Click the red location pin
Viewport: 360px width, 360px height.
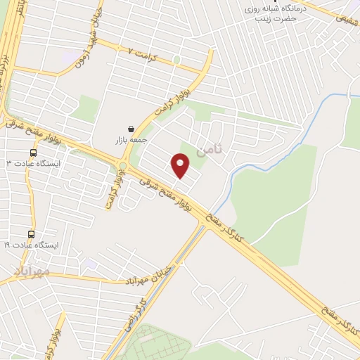tap(181, 165)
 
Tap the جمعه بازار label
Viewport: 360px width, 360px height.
tap(133, 141)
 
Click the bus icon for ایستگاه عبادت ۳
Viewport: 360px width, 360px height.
tap(33, 153)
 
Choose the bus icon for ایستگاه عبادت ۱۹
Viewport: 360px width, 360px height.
tap(31, 234)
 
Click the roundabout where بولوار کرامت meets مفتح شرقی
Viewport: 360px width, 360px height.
tap(123, 167)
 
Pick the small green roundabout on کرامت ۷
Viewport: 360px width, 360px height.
tap(176, 60)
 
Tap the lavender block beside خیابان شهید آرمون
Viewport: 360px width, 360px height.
tap(70, 54)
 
